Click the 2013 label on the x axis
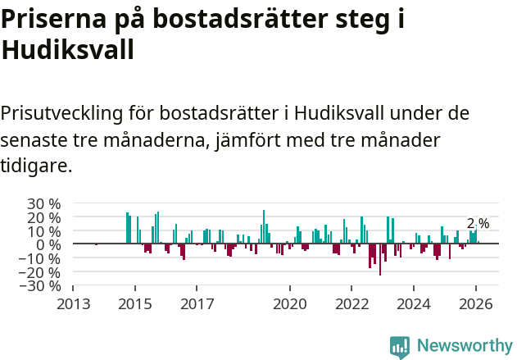(x=73, y=303)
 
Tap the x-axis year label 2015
(x=135, y=303)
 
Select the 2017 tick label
(x=197, y=303)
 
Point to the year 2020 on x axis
(x=289, y=303)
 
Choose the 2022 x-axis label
(x=351, y=303)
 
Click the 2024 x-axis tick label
(x=413, y=303)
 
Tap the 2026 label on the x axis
(x=475, y=303)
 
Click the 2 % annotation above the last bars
(x=478, y=224)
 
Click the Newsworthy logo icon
(x=400, y=346)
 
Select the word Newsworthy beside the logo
(x=464, y=346)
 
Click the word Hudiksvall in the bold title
(x=67, y=51)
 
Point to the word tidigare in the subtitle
(x=37, y=166)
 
